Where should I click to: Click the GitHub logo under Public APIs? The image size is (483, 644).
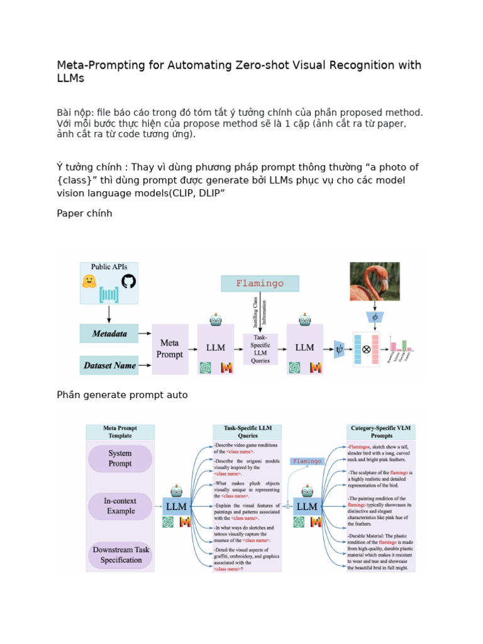[x=128, y=280]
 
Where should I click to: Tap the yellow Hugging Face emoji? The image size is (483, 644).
[x=90, y=281]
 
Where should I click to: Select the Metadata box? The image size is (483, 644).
[x=109, y=334]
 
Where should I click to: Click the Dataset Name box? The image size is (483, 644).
[x=109, y=365]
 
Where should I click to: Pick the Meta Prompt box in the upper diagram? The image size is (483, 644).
[x=170, y=349]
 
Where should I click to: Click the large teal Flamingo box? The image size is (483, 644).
[x=260, y=284]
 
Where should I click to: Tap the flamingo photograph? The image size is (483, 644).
[x=375, y=281]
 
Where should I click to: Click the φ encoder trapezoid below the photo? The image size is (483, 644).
[x=375, y=318]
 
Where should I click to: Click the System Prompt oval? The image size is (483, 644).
[x=120, y=458]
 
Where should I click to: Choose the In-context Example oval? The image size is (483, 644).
[x=120, y=506]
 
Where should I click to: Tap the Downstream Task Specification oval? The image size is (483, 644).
[x=120, y=555]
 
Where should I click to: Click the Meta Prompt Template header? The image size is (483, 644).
[x=120, y=431]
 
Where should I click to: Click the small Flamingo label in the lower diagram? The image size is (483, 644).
[x=307, y=461]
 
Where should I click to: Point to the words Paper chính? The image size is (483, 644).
[x=84, y=213]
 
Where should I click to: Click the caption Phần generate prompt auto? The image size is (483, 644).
[x=122, y=395]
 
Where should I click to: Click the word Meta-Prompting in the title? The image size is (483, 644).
[x=96, y=65]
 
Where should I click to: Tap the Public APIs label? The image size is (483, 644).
[x=109, y=267]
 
